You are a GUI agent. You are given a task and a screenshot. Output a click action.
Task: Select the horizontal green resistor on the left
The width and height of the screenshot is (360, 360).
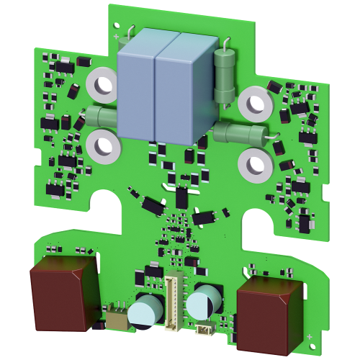point(100,117)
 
